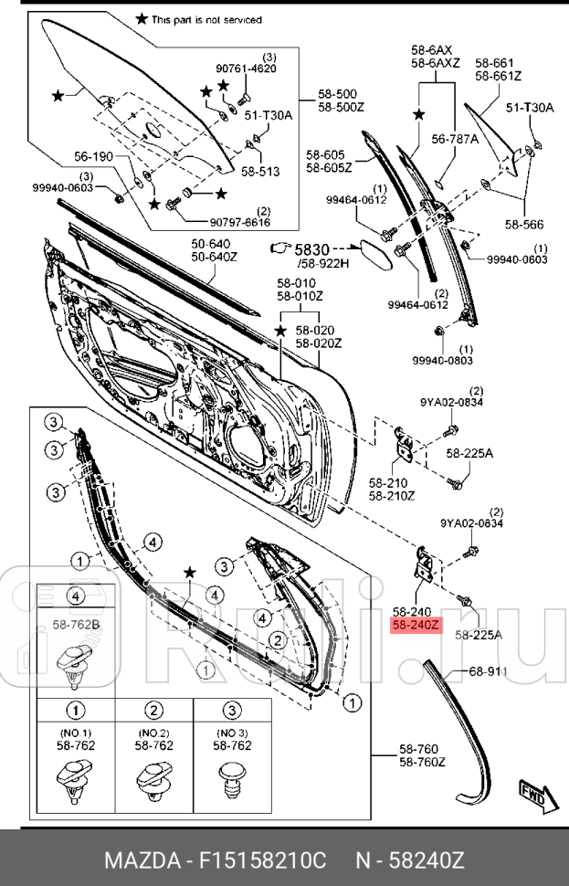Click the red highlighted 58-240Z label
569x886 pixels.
tap(416, 626)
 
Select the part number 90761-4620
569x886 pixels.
tap(246, 69)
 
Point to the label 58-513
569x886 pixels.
tap(260, 171)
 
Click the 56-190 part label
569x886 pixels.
tap(93, 157)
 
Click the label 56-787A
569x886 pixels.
tap(454, 140)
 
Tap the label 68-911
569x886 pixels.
tap(490, 671)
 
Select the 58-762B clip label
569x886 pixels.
tap(76, 626)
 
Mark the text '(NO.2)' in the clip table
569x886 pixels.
tap(153, 733)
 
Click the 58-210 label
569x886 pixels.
tap(392, 483)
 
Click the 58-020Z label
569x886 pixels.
tap(319, 343)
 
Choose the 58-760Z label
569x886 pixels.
tap(422, 762)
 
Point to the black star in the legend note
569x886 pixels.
tap(141, 18)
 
